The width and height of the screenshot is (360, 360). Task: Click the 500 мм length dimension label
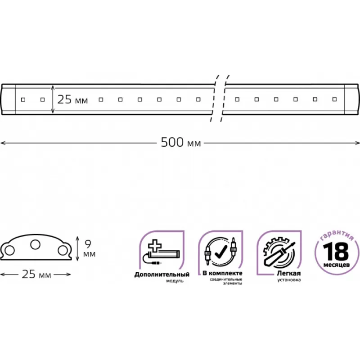click(x=180, y=143)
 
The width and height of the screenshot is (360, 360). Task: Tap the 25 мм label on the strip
click(x=72, y=99)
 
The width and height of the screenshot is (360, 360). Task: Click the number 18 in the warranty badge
click(x=335, y=250)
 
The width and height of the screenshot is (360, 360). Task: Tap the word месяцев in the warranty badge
click(x=335, y=264)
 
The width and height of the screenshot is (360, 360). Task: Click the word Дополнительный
click(x=162, y=274)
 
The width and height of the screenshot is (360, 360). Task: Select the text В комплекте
click(x=222, y=273)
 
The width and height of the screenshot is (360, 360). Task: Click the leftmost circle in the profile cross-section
click(x=9, y=251)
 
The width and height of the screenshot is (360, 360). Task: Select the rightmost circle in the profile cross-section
click(x=61, y=251)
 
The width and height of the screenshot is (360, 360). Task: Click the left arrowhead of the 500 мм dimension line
click(x=2, y=143)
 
